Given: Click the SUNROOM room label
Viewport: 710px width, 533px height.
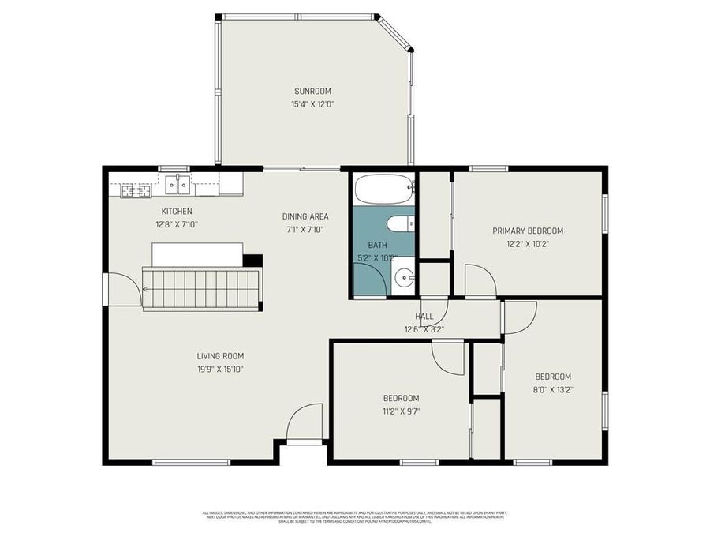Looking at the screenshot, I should [312, 91].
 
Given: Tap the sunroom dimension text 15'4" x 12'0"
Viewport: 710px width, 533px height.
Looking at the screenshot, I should [312, 104].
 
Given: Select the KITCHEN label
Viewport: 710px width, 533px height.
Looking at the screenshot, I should [177, 211].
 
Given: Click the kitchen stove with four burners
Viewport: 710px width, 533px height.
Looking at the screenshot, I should [136, 190].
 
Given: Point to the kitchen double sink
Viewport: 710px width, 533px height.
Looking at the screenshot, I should [177, 185].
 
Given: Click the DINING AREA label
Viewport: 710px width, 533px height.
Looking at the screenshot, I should [305, 216].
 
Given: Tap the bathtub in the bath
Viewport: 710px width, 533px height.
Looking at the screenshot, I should [383, 190].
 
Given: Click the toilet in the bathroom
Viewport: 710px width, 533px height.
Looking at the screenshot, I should [402, 223].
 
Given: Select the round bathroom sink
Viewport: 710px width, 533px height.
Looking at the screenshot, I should [404, 278].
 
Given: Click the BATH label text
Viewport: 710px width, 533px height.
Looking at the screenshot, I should [377, 246].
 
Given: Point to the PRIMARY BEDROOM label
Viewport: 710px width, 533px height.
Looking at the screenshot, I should [528, 231].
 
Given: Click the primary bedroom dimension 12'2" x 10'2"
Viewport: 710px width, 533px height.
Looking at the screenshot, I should [528, 244].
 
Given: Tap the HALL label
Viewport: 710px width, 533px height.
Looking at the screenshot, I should [424, 317].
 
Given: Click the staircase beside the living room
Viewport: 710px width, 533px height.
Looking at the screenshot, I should [201, 289].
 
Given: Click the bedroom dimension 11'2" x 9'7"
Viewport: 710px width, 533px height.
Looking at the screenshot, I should [401, 411].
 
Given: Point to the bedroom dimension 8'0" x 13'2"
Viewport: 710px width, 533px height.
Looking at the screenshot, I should [552, 389].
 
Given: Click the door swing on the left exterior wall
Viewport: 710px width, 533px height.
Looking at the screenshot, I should [121, 289].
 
